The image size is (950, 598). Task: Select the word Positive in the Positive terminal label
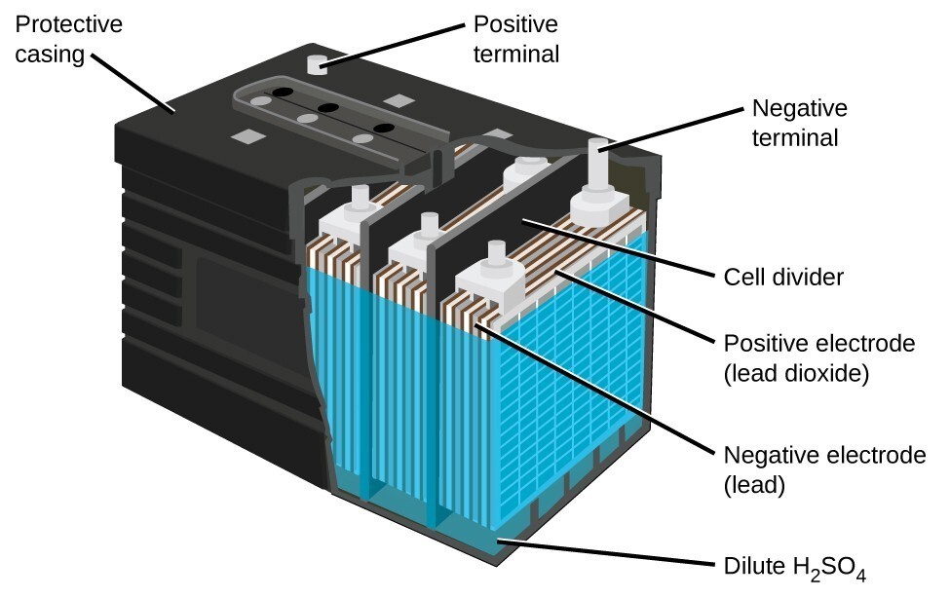515,23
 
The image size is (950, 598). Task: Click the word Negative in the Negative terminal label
798,107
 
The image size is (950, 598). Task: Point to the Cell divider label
783,278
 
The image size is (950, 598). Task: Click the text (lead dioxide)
795,372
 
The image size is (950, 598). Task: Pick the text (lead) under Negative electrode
753,484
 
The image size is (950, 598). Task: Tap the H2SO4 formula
827,565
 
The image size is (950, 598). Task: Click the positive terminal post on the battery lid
315,65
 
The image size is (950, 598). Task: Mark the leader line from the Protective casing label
135,85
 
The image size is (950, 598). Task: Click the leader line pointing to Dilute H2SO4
604,552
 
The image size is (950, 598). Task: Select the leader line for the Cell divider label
614,246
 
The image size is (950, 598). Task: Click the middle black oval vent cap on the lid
328,106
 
